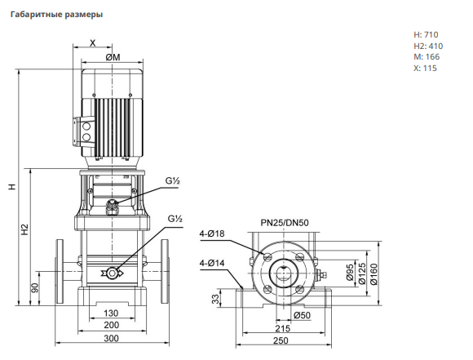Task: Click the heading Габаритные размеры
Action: tap(56, 15)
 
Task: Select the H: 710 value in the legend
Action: tap(426, 35)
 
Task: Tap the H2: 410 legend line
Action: tap(428, 46)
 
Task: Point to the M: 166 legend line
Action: tap(427, 57)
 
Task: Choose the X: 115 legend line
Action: tap(425, 68)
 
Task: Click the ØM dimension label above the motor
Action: tap(113, 57)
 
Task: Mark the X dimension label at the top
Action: tap(93, 43)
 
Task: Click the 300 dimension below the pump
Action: tap(111, 338)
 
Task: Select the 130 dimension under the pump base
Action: tap(111, 313)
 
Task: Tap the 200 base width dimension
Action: tap(111, 325)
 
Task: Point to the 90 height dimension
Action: tap(35, 288)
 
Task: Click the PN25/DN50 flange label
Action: tap(285, 223)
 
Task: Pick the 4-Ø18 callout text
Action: tap(212, 233)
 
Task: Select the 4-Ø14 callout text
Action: tap(212, 263)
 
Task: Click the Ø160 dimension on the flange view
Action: tap(374, 274)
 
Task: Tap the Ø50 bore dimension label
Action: tap(302, 315)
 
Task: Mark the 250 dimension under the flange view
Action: tap(281, 340)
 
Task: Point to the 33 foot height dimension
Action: tap(215, 299)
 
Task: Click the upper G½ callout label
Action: tap(173, 181)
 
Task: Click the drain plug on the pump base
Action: tap(113, 273)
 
